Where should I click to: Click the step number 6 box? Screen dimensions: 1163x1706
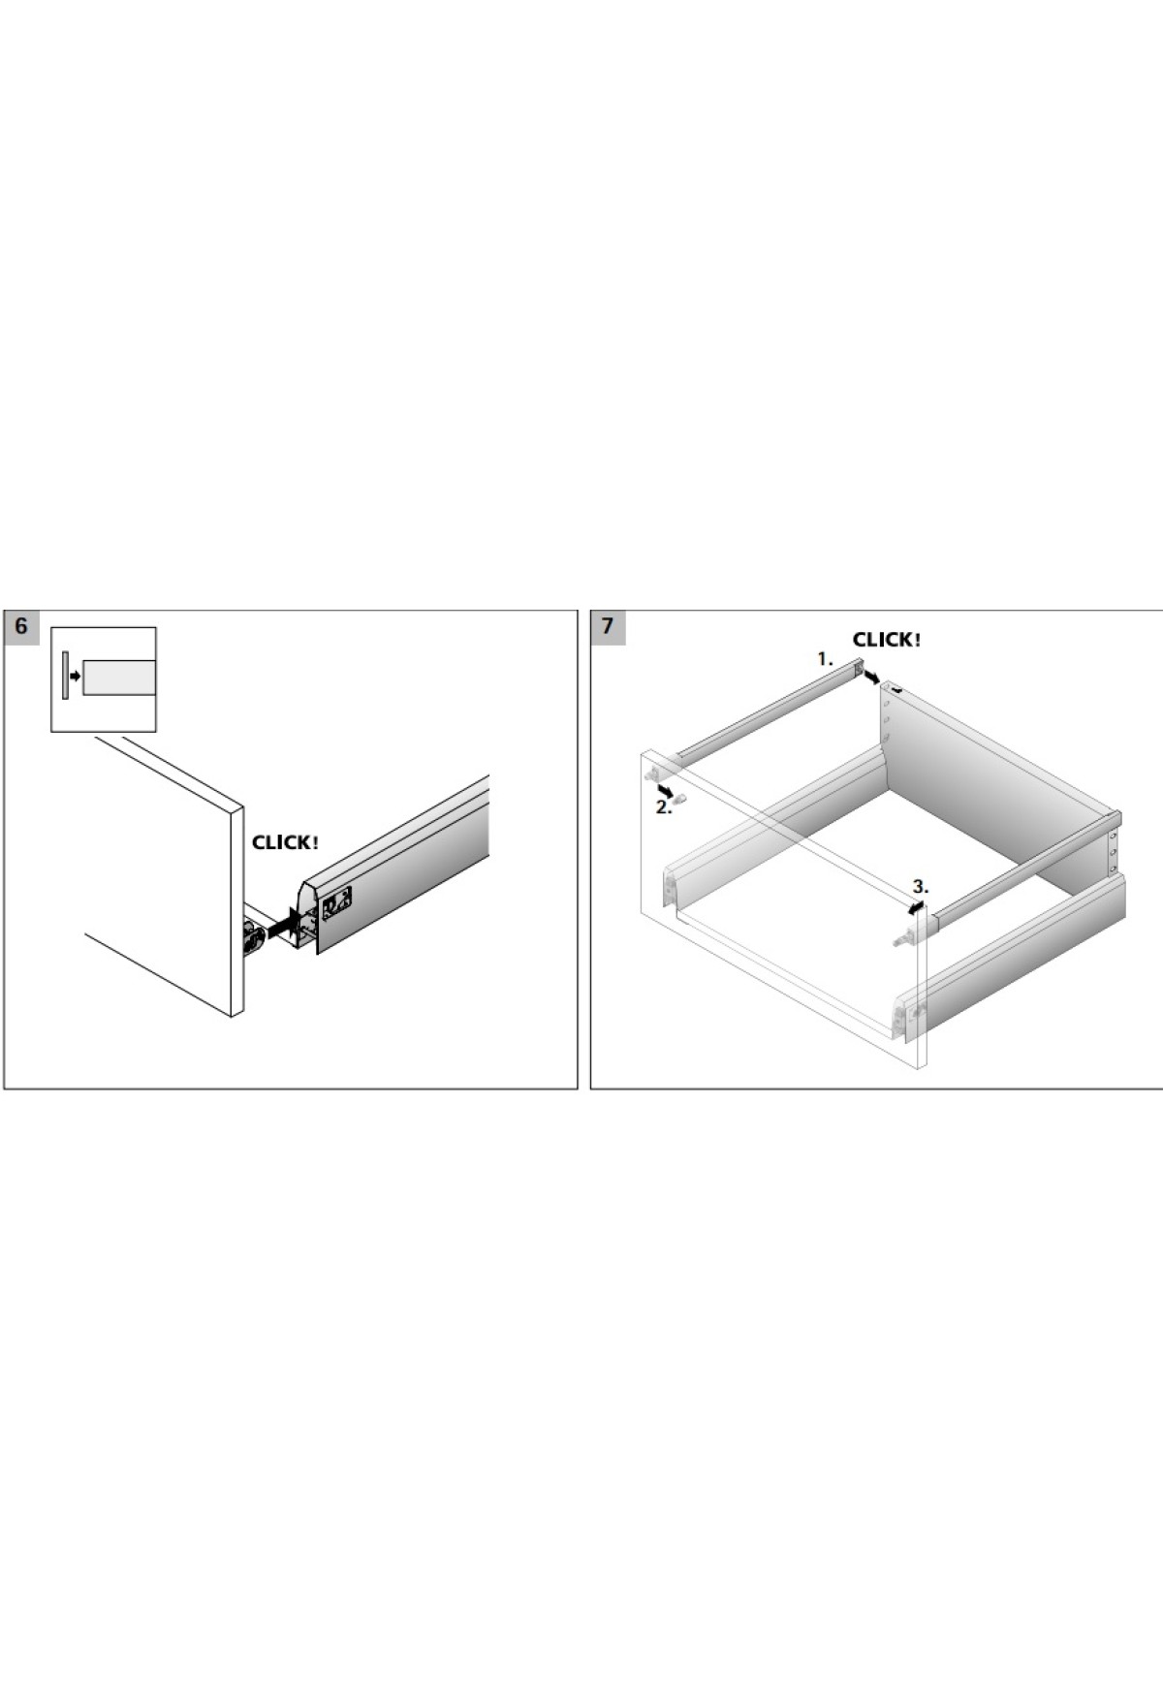[x=21, y=626]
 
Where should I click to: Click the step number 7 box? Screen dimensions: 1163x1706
[x=608, y=626]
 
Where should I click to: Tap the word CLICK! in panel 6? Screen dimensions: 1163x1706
[x=285, y=842]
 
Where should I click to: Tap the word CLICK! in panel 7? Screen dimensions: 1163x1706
[x=887, y=640]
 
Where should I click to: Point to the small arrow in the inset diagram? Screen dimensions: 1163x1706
[x=76, y=676]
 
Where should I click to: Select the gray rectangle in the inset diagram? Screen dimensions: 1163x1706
[x=118, y=678]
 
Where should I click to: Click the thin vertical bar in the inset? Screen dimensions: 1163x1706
[x=64, y=676]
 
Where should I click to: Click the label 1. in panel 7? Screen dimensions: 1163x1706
[x=825, y=659]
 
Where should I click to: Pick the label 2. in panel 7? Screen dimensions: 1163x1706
[x=663, y=807]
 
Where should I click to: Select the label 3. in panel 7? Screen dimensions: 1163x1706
[x=920, y=886]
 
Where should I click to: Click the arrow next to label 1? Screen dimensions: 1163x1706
[x=871, y=676]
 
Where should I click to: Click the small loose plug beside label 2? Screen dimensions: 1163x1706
[x=680, y=800]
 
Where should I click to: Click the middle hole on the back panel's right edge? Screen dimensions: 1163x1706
[x=1113, y=853]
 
